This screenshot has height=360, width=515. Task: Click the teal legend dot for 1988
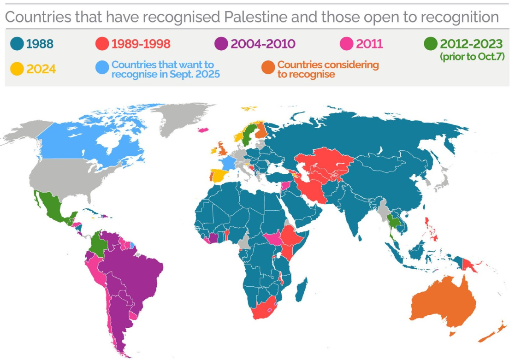pyautogui.click(x=17, y=44)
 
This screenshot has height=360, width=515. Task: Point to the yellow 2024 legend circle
pyautogui.click(x=17, y=69)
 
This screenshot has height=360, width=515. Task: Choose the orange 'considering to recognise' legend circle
pyautogui.click(x=268, y=67)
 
